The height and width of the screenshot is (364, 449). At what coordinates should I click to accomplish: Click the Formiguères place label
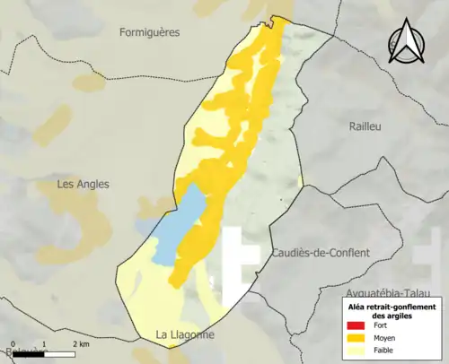(x=149, y=31)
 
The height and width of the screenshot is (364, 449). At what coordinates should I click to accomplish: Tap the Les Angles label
(x=83, y=184)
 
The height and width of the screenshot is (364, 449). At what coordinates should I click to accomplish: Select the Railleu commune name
(x=365, y=126)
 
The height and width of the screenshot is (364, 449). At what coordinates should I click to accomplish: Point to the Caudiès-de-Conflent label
(x=320, y=253)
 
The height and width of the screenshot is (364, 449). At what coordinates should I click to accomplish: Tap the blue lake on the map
(x=180, y=224)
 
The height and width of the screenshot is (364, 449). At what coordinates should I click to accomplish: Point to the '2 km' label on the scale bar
(x=79, y=344)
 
